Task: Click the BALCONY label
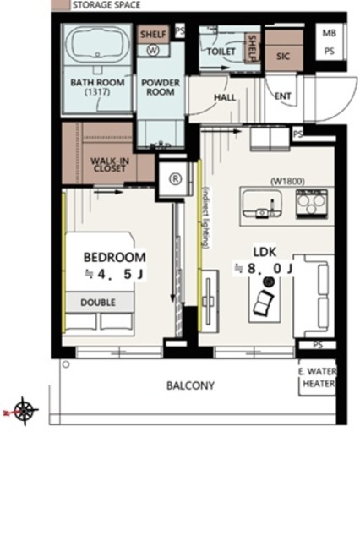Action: [x=190, y=385]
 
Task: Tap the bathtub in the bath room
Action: [x=97, y=44]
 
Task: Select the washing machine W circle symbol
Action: [x=153, y=51]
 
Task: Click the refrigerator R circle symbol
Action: [x=176, y=178]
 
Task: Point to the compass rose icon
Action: [x=25, y=411]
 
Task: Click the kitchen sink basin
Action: [x=262, y=204]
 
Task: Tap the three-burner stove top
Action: [x=311, y=204]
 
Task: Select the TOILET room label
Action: [x=221, y=52]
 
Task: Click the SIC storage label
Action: [x=283, y=57]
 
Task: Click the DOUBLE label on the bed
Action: [x=98, y=303]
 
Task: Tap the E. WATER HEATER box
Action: [x=317, y=378]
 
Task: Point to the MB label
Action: [x=330, y=33]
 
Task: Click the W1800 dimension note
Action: [x=287, y=181]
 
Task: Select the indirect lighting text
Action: [x=205, y=218]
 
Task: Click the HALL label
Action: [x=225, y=98]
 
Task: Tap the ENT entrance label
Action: [x=283, y=96]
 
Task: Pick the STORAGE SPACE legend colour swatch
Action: [x=60, y=5]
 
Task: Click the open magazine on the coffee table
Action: [x=264, y=303]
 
